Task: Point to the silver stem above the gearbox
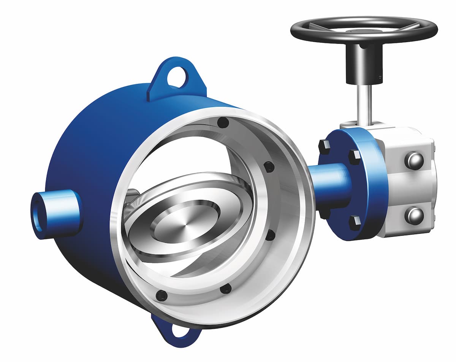pos(364,103)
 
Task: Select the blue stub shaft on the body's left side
pos(61,211)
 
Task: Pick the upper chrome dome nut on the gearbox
pos(414,161)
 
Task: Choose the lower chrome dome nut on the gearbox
pos(414,216)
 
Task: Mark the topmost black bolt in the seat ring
pos(223,123)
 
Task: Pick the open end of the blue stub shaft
pos(38,215)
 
